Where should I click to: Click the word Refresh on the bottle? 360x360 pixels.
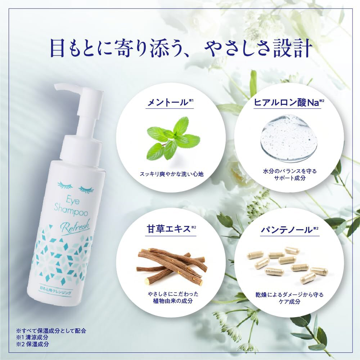tap(75, 227)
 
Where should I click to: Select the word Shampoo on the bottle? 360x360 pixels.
tap(71, 211)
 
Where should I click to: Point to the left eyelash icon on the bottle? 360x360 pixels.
tap(65, 185)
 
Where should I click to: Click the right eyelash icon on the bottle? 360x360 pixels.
tap(86, 190)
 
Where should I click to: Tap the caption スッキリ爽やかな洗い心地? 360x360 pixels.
tap(171, 174)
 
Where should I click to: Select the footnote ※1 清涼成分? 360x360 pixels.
tap(32, 337)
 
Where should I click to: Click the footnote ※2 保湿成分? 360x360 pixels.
tap(32, 344)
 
